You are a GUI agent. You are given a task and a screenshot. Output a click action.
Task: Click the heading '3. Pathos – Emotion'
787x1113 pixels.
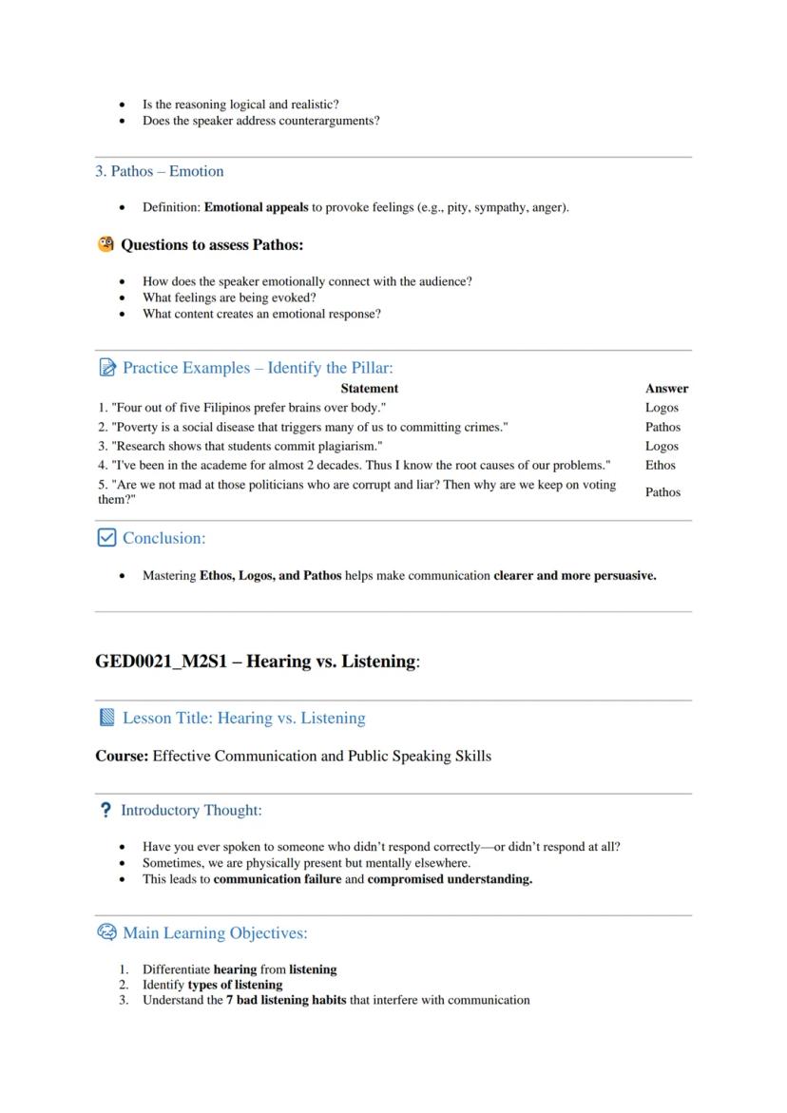(x=160, y=172)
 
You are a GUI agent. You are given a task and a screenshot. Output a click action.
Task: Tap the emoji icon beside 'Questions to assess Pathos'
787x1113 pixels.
(x=106, y=244)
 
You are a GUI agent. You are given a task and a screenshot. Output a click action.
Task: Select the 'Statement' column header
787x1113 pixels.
(x=369, y=389)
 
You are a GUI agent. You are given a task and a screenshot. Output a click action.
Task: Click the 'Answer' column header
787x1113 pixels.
(x=666, y=389)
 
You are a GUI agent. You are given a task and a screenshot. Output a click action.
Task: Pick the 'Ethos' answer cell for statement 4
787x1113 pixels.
(x=660, y=466)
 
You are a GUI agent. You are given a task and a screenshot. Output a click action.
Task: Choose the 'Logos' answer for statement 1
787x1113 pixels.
(x=662, y=408)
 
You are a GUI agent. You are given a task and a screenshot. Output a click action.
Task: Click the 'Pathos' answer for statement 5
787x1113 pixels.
(x=662, y=492)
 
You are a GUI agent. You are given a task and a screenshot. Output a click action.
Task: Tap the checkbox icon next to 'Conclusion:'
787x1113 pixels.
(x=106, y=538)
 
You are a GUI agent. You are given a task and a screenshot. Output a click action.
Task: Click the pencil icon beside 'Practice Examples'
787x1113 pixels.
(x=106, y=368)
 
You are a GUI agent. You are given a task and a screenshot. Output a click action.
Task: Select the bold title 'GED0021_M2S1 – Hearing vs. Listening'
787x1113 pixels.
(x=256, y=662)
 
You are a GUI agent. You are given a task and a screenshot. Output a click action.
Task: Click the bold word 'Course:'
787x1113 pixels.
(x=122, y=757)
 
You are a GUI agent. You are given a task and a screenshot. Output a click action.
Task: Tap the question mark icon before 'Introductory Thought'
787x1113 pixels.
(x=106, y=811)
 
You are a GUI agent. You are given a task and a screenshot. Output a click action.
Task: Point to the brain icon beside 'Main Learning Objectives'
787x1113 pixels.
(x=106, y=932)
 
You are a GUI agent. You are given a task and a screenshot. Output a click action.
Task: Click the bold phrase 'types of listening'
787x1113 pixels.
(x=235, y=985)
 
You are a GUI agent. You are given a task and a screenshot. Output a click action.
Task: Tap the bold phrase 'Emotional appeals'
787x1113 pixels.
(x=256, y=207)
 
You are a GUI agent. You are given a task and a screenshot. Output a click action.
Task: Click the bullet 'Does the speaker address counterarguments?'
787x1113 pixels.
(x=260, y=121)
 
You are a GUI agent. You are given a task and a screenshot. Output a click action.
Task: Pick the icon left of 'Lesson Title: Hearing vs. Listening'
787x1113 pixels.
(x=106, y=718)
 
